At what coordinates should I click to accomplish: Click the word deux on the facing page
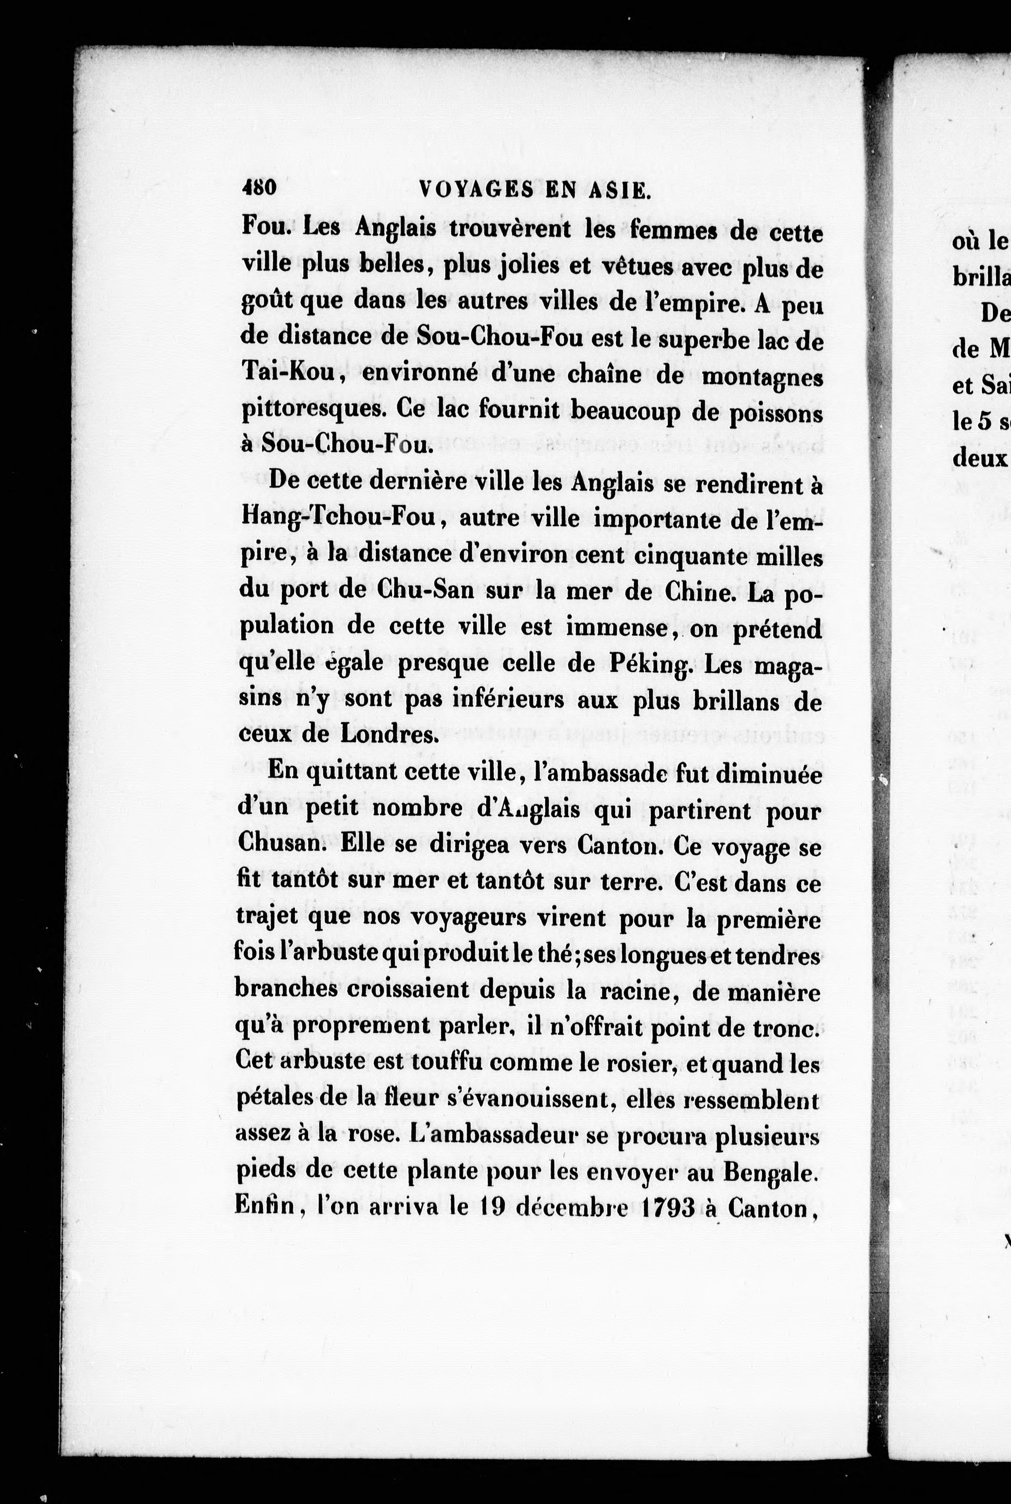979,458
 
